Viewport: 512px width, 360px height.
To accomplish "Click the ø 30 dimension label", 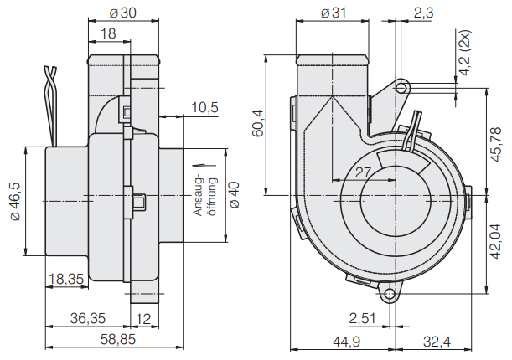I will [124, 13].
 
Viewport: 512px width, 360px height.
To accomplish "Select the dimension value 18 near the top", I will [108, 33].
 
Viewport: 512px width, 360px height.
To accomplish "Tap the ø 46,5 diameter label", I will [13, 202].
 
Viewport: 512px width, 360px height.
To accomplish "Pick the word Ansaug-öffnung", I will [205, 195].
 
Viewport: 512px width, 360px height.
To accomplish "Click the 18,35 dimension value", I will [66, 280].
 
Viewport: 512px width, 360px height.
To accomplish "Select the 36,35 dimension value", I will [86, 318].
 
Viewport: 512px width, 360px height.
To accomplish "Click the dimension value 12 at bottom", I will [143, 318].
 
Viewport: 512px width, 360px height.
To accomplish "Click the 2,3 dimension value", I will [423, 13].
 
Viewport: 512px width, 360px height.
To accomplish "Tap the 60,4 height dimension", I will [258, 124].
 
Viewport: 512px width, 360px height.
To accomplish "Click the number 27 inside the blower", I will [364, 172].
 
